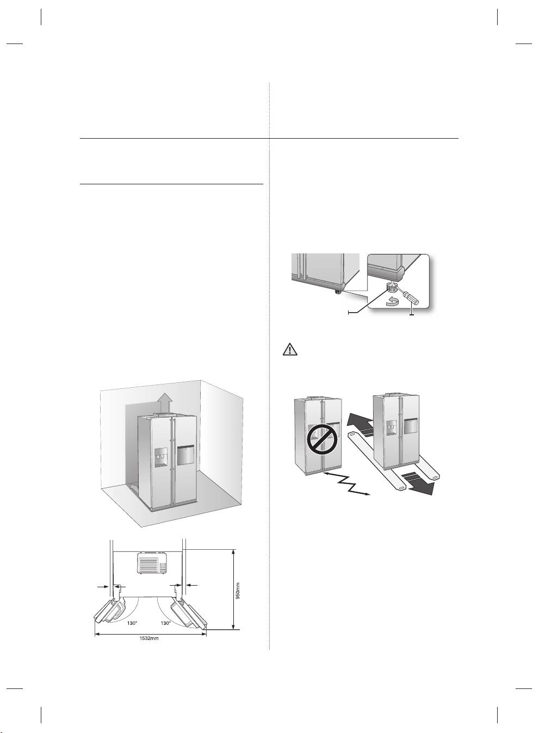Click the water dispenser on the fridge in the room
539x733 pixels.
(162, 458)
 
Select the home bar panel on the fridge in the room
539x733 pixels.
(185, 454)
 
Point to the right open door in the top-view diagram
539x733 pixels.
(188, 613)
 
